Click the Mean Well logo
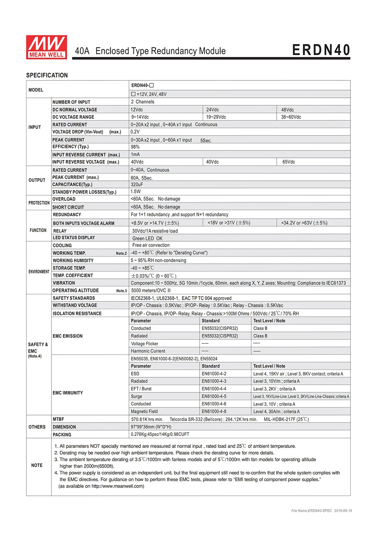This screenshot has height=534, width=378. tap(46, 47)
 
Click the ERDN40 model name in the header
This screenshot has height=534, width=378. tap(321, 50)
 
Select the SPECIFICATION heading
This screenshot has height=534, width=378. tap(47, 75)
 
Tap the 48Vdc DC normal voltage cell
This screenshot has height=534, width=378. tap(287, 110)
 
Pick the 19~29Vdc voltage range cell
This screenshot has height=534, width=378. tap(216, 117)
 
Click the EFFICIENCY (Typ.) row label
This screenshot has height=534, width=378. tap(70, 147)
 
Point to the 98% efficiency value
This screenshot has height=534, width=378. tap(135, 147)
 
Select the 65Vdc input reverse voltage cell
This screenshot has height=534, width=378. tap(289, 162)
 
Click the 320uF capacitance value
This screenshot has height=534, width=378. tap(137, 185)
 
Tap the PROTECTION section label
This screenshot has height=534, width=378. tap(39, 203)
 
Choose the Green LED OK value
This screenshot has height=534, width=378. tap(147, 239)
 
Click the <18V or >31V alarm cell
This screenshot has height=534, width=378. tap(229, 223)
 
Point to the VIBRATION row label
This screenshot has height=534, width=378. tap(64, 283)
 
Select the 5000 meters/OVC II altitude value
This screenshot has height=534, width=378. tap(151, 291)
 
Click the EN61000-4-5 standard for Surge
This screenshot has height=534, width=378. tap(214, 397)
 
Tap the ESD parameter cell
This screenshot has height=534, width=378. tap(135, 374)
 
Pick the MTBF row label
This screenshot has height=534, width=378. tap(58, 419)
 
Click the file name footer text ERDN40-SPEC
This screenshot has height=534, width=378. tap(311, 511)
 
